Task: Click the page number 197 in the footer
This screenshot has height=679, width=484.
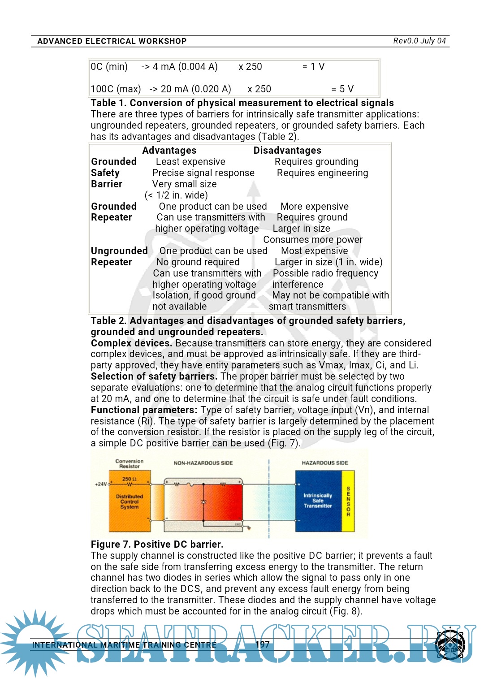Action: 263,644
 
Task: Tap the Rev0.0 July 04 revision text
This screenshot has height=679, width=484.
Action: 419,41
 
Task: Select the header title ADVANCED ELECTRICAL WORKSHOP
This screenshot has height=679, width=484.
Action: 112,41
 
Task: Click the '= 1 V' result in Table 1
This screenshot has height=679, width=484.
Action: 313,67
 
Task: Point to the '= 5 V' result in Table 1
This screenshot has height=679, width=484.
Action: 342,89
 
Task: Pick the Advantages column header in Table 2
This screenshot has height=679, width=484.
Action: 169,151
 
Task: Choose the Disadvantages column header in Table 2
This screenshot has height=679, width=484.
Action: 287,151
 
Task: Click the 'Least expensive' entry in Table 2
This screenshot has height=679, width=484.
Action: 190,162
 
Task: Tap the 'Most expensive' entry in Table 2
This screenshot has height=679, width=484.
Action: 314,251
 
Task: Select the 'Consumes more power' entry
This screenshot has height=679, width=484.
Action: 313,240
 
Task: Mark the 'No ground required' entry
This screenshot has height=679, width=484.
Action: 198,262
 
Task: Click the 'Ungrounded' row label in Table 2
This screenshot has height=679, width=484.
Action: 119,251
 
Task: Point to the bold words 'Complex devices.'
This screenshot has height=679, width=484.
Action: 131,343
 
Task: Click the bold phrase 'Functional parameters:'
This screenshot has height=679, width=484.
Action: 144,410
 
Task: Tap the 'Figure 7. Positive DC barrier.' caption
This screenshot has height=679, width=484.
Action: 157,545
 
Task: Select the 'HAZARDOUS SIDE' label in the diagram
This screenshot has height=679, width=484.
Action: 324,463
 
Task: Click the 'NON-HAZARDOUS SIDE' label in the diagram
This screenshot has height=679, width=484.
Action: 203,463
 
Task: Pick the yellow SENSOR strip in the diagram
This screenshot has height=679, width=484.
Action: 348,501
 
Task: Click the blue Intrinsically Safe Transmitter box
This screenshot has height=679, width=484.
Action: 318,501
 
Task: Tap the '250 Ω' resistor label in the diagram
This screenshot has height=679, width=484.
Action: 129,479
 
